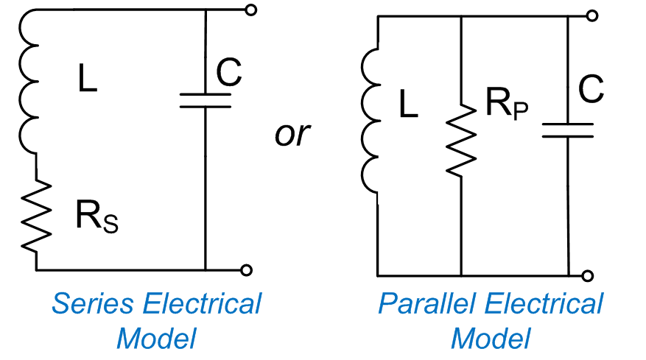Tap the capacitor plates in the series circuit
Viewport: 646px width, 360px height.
pyautogui.click(x=206, y=99)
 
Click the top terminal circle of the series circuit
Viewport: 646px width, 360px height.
pyautogui.click(x=251, y=10)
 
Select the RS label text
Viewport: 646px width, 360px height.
pyautogui.click(x=96, y=217)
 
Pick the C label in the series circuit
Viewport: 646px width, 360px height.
pyautogui.click(x=228, y=71)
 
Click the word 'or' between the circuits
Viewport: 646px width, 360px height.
pyautogui.click(x=292, y=135)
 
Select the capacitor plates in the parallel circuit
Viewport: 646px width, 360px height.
pyautogui.click(x=568, y=130)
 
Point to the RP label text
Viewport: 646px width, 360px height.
pyautogui.click(x=507, y=104)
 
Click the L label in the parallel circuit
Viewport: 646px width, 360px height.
pyautogui.click(x=408, y=106)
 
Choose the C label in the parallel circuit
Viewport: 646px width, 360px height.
pyautogui.click(x=591, y=90)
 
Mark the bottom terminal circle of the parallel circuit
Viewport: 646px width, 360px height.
pyautogui.click(x=587, y=276)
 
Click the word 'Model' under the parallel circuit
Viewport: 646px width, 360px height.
pyautogui.click(x=491, y=338)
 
